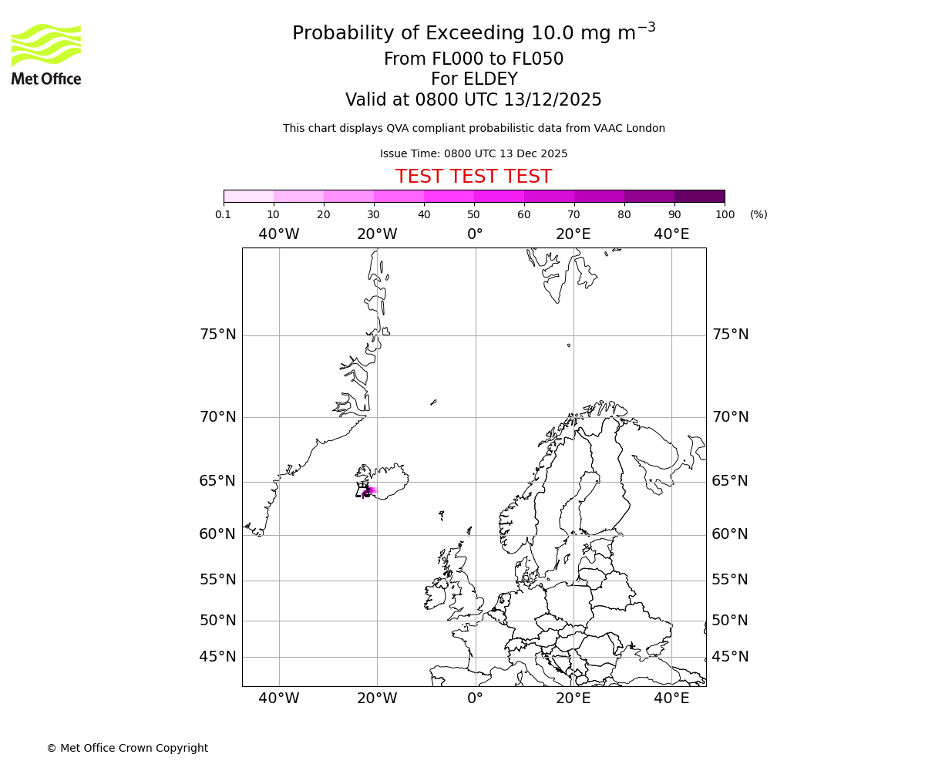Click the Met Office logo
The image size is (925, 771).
(x=46, y=54)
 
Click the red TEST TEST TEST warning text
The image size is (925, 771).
(x=473, y=177)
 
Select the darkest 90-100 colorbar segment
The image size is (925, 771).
(x=699, y=196)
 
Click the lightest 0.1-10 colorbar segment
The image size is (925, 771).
(x=249, y=196)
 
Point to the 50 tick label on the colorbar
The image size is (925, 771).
(x=473, y=214)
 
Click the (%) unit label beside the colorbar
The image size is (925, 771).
(x=758, y=214)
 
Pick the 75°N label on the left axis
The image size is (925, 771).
(x=217, y=335)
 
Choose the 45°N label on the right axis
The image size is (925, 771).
(x=730, y=657)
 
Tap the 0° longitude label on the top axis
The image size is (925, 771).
(x=475, y=234)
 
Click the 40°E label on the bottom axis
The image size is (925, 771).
(x=671, y=699)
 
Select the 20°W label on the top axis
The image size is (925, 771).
(x=377, y=234)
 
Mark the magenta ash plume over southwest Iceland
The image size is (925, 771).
(x=368, y=491)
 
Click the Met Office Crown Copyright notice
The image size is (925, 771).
(x=127, y=748)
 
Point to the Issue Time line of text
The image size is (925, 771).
(x=473, y=153)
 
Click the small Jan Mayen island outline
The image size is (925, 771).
(x=433, y=402)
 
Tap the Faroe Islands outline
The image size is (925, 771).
(x=441, y=514)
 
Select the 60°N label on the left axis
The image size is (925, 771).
(x=217, y=534)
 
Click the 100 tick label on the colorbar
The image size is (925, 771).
(x=725, y=214)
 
